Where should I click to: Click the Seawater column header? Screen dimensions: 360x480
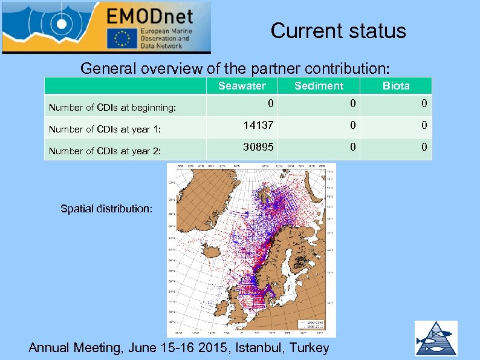click(x=242, y=86)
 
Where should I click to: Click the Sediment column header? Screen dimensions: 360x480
click(x=319, y=86)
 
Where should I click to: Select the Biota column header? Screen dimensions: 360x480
click(x=396, y=86)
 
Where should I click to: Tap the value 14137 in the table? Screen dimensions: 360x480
click(x=258, y=125)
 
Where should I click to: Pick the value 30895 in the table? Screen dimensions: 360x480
click(x=258, y=147)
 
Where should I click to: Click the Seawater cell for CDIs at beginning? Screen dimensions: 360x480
click(x=271, y=103)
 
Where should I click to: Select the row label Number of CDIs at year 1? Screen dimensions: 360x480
click(x=105, y=129)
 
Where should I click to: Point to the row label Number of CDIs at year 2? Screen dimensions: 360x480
click(x=105, y=151)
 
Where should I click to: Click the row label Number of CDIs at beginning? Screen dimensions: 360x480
click(x=112, y=108)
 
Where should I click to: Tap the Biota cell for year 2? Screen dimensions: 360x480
click(x=424, y=147)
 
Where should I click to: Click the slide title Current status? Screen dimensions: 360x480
click(x=338, y=30)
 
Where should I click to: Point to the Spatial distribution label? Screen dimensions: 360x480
click(x=106, y=209)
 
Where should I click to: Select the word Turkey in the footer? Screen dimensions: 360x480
click(x=310, y=347)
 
